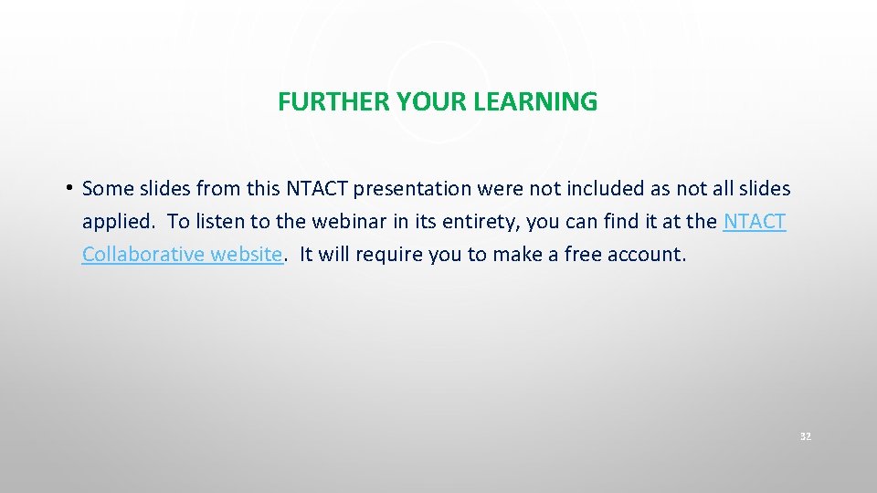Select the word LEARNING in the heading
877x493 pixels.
point(535,102)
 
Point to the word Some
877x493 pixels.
point(108,189)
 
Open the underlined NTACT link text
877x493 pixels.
point(754,222)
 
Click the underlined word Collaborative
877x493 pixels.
point(143,255)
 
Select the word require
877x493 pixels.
point(390,255)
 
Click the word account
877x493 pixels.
point(647,255)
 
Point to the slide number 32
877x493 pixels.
point(805,437)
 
